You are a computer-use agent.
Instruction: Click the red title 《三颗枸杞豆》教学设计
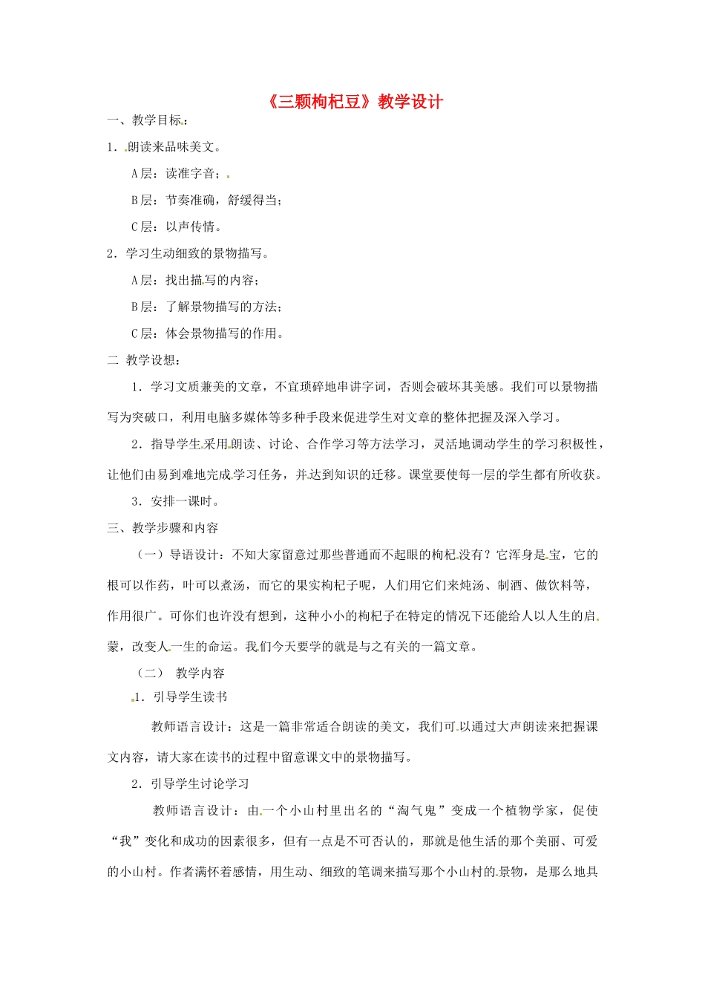[x=353, y=102]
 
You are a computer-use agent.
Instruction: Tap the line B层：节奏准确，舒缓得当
[x=206, y=200]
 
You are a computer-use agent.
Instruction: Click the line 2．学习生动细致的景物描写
[x=188, y=254]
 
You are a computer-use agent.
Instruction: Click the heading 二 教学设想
[x=144, y=361]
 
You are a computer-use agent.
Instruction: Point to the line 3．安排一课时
[x=175, y=502]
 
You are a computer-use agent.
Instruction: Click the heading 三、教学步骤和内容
[x=163, y=529]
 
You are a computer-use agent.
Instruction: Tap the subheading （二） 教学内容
[x=181, y=674]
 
